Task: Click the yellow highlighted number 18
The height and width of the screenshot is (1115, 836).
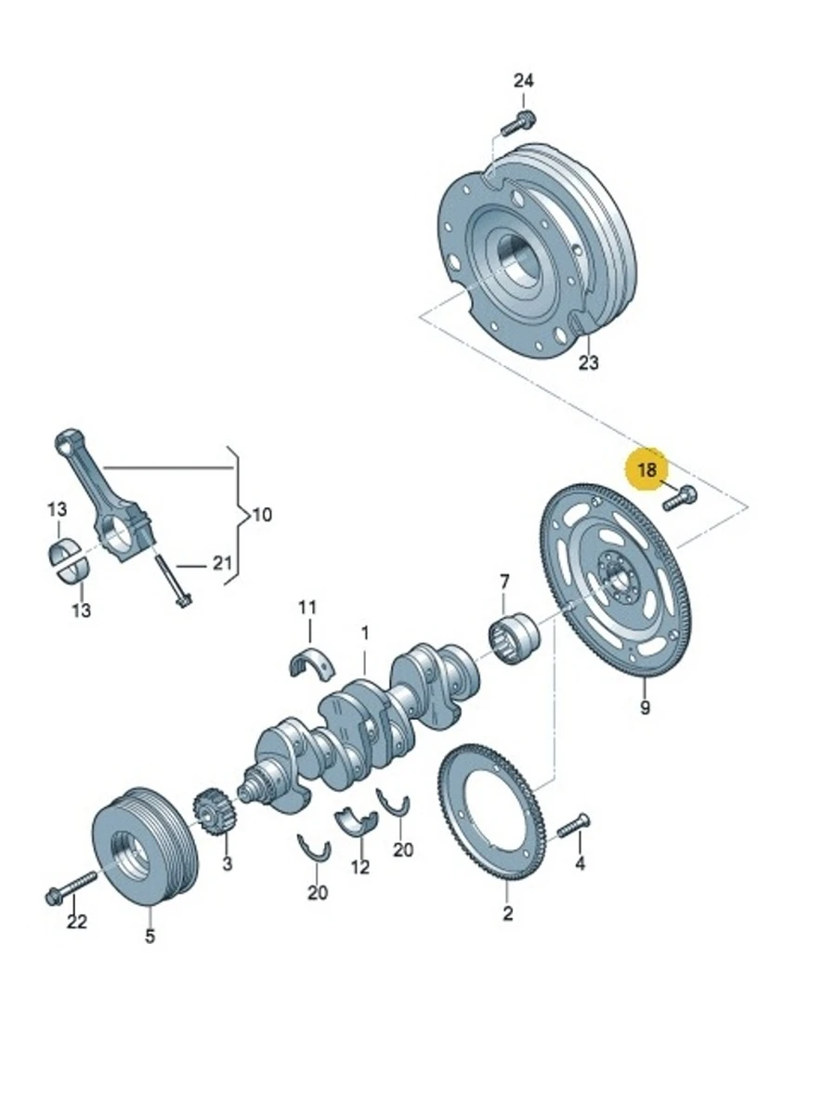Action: point(647,470)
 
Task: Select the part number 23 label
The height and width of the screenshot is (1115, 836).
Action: point(589,362)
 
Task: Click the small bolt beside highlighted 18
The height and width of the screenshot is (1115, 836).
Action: point(680,498)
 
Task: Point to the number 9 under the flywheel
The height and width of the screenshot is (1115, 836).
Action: point(645,707)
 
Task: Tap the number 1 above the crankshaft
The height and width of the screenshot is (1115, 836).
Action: point(365,634)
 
